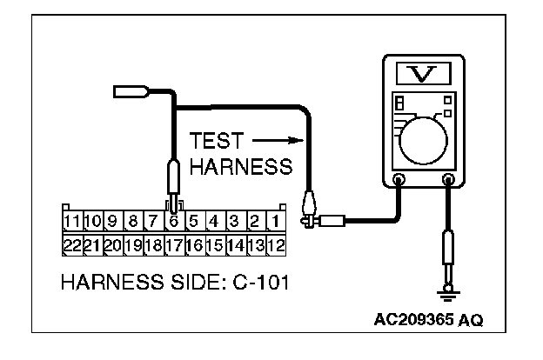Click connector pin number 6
[175, 221]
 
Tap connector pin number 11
[72, 221]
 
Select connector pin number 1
[274, 221]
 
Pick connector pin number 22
[72, 243]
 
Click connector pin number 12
[274, 243]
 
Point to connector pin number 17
[174, 243]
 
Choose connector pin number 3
[234, 221]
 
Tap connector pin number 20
[112, 243]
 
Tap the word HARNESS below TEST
[240, 168]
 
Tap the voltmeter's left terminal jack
[399, 182]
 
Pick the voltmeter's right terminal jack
[450, 182]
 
